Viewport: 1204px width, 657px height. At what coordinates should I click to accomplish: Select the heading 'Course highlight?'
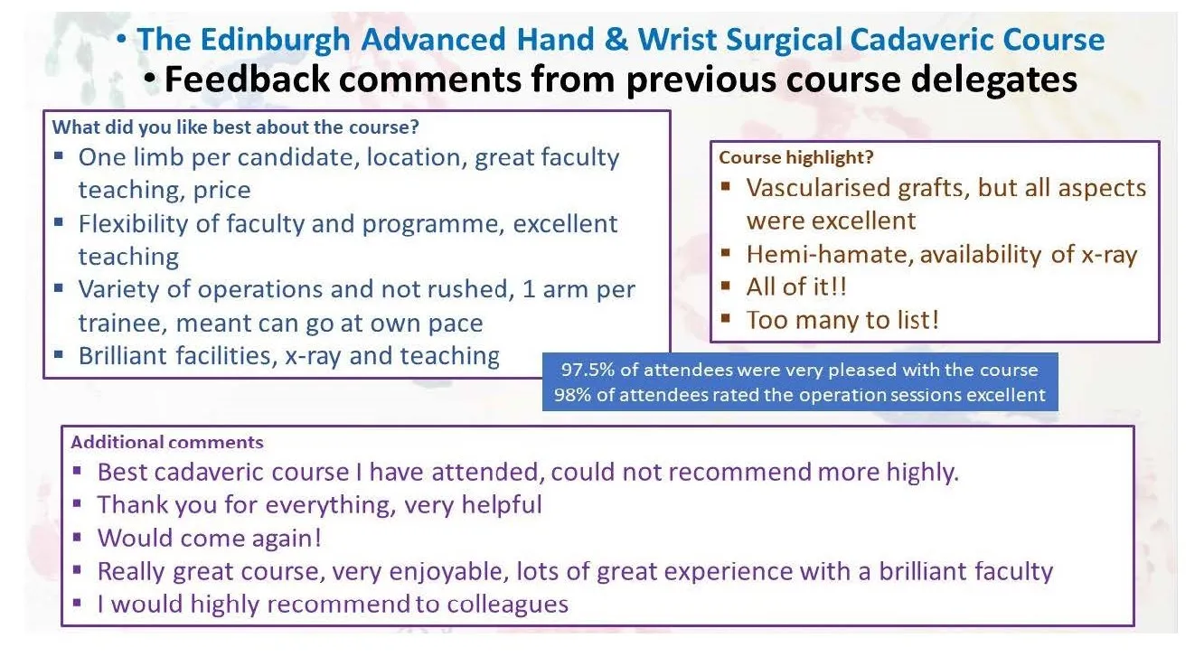tap(795, 157)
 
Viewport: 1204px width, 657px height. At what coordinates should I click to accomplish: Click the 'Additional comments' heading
tap(167, 442)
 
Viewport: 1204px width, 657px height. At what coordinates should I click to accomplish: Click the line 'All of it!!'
tap(796, 287)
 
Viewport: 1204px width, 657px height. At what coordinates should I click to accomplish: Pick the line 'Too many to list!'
tap(842, 320)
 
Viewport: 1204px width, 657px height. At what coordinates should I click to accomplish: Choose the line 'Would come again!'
tap(209, 538)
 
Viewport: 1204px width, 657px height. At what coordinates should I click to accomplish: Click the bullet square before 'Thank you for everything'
tap(78, 503)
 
